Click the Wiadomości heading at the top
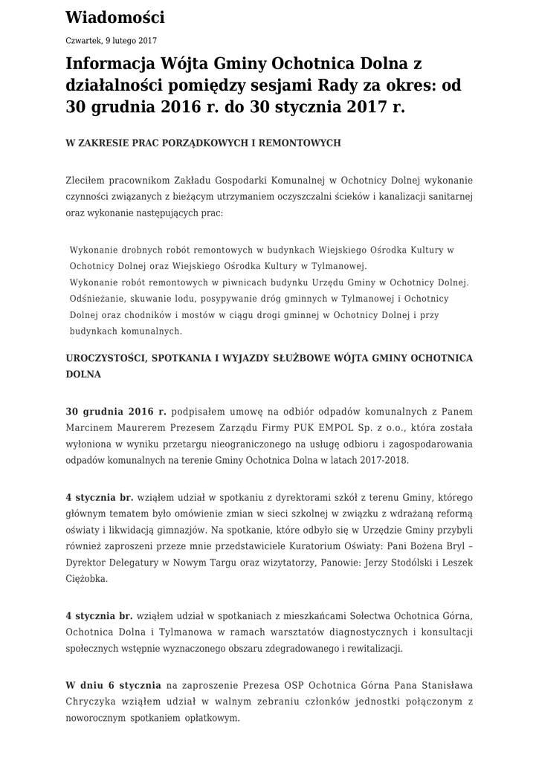115,17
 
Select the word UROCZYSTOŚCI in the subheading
107,358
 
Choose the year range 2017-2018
381,460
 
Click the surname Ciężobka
87,579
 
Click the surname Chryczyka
92,702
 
